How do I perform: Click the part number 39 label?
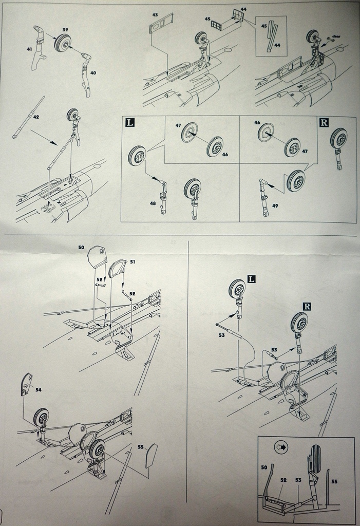pyautogui.click(x=65, y=30)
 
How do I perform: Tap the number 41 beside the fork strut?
pyautogui.click(x=29, y=49)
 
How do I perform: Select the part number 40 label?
pyautogui.click(x=93, y=72)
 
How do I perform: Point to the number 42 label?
pyautogui.click(x=36, y=117)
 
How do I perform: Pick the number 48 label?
pyautogui.click(x=153, y=203)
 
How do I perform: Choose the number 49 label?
pyautogui.click(x=275, y=205)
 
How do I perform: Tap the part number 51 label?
pyautogui.click(x=132, y=261)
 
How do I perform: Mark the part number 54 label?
pyautogui.click(x=38, y=390)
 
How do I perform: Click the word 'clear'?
pyautogui.click(x=337, y=36)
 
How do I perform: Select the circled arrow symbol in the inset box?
pyautogui.click(x=281, y=447)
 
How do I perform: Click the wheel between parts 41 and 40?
pyautogui.click(x=63, y=44)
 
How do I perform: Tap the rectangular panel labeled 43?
pyautogui.click(x=159, y=26)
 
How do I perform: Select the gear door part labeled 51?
pyautogui.click(x=119, y=269)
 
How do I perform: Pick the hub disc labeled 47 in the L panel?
pyautogui.click(x=189, y=133)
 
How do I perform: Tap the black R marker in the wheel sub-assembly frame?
pyautogui.click(x=324, y=122)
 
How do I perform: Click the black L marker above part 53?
pyautogui.click(x=252, y=279)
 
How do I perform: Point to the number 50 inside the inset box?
pyautogui.click(x=264, y=467)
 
